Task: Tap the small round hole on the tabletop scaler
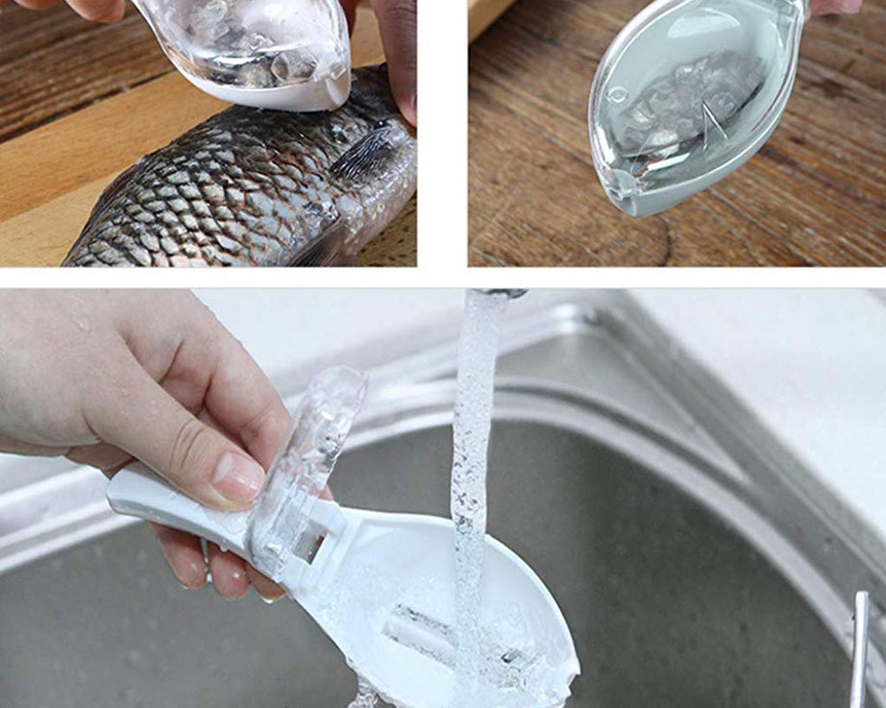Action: [x=617, y=94]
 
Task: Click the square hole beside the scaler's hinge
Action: [x=309, y=545]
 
